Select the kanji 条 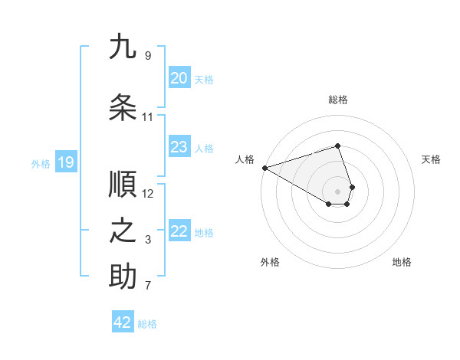click(123, 108)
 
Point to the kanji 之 click(123, 231)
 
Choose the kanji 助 click(123, 277)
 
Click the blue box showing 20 click(179, 77)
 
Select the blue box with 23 click(179, 146)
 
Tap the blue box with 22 click(179, 231)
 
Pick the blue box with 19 click(65, 162)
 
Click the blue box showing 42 click(123, 322)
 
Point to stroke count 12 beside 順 click(148, 193)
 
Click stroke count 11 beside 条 click(148, 117)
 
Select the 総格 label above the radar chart click(338, 100)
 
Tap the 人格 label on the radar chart click(245, 159)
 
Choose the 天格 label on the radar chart click(431, 159)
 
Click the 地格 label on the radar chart click(402, 262)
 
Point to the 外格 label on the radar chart click(270, 262)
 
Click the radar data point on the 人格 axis click(264, 167)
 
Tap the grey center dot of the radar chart click(338, 191)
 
